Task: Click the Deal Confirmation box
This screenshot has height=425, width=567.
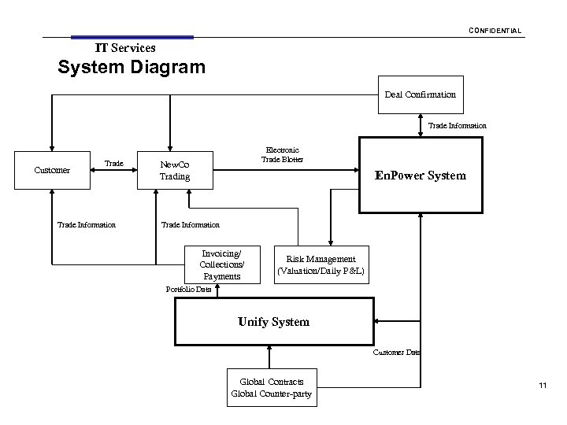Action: [x=420, y=94]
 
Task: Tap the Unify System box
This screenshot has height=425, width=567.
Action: [x=273, y=322]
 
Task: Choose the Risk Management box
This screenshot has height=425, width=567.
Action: [x=321, y=264]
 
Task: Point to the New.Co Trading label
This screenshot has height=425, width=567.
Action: [x=175, y=171]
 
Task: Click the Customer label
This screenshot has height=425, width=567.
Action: [x=53, y=170]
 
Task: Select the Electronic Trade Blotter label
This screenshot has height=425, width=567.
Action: [x=282, y=154]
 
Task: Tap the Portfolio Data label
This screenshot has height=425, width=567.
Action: [x=188, y=290]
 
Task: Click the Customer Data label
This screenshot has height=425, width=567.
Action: [x=396, y=353]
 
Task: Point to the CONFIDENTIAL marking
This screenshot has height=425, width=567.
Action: [x=495, y=31]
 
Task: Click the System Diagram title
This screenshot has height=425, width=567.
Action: [x=132, y=66]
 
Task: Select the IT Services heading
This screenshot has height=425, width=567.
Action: [x=125, y=48]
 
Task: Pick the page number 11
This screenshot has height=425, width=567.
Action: [x=542, y=385]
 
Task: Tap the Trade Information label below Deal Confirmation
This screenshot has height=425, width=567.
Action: [x=457, y=125]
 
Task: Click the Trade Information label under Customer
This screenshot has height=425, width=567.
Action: [x=87, y=225]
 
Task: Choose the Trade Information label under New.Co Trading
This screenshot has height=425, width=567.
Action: [x=190, y=225]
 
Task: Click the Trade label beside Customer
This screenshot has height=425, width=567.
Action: [x=114, y=164]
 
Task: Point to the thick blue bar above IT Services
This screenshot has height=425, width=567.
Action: [x=132, y=37]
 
